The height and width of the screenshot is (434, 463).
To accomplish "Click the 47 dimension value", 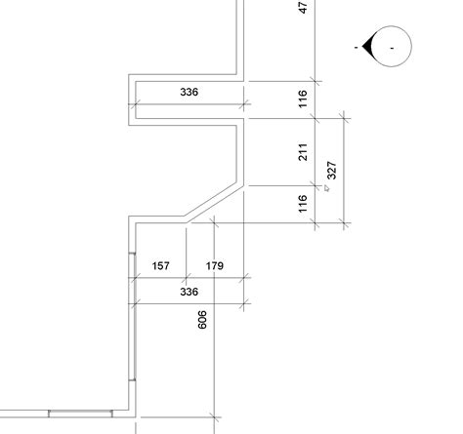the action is point(303,8).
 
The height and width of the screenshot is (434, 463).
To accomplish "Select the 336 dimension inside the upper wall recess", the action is point(189,92).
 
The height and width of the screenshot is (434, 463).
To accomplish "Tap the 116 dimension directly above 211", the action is point(303,99).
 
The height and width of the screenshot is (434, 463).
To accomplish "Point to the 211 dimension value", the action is point(303,152).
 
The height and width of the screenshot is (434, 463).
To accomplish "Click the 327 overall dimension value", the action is point(331,170).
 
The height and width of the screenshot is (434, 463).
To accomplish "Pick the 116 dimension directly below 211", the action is point(303,204).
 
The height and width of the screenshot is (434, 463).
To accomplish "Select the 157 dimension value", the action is point(161,266).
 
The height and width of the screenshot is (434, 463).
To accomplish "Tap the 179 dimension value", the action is point(215,266).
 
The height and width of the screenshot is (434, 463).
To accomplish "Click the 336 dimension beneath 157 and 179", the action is point(189,292).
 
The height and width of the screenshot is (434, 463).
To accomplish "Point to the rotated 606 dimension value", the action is point(202,320).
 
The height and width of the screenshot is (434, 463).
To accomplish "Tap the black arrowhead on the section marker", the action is point(367,46).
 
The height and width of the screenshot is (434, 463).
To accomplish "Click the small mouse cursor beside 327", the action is point(326,188).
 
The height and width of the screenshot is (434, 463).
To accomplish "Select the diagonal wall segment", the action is point(213,204).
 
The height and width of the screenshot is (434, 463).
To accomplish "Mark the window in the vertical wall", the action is point(132,316).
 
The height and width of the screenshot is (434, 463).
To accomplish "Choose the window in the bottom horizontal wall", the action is point(80,414).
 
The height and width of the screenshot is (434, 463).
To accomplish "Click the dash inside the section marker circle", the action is point(392,48).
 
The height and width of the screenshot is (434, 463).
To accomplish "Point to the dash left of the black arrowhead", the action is point(357,48).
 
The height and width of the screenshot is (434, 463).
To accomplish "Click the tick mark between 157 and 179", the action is point(187,278).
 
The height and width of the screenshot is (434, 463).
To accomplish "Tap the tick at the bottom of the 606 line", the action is point(214,417).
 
